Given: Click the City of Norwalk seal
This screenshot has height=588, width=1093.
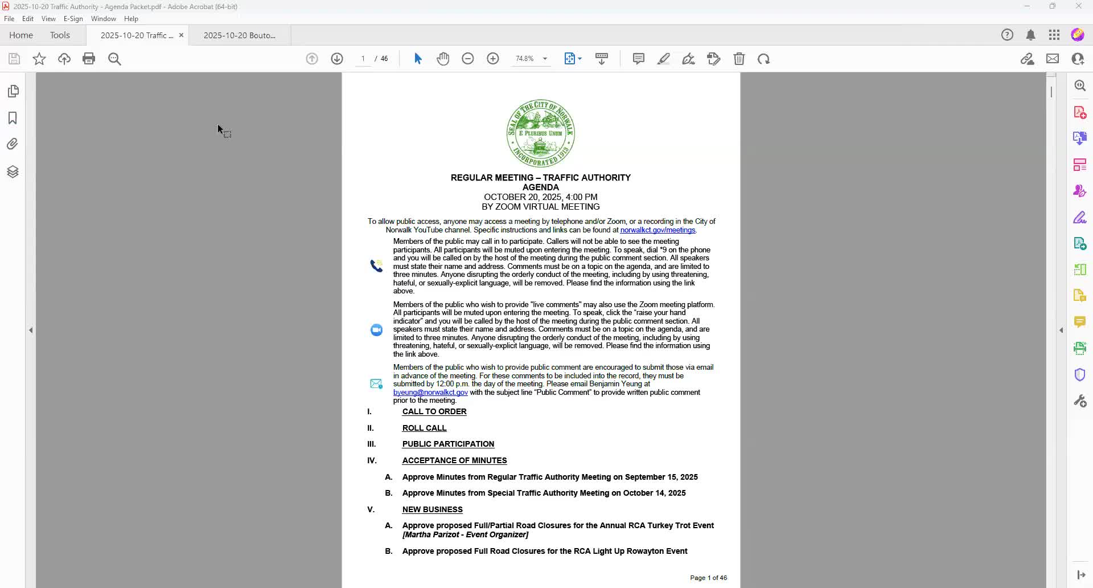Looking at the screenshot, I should pyautogui.click(x=540, y=133).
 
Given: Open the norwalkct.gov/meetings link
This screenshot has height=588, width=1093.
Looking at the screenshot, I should pyautogui.click(x=658, y=230).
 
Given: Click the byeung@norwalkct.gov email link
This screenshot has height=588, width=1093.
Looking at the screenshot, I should pyautogui.click(x=430, y=393).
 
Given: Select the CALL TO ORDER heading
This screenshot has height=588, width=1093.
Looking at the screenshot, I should pyautogui.click(x=434, y=412).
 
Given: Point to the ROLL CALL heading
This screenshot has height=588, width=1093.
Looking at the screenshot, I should pyautogui.click(x=424, y=428).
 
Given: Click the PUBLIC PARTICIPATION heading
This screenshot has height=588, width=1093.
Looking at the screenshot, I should pyautogui.click(x=448, y=444).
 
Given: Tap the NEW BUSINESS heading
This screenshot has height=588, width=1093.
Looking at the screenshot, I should pyautogui.click(x=432, y=510).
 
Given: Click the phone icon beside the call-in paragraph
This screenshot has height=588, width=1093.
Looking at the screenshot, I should pyautogui.click(x=376, y=266).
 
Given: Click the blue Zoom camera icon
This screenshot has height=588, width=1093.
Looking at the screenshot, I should pyautogui.click(x=376, y=330).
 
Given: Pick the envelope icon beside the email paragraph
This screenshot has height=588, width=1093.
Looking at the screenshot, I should pyautogui.click(x=376, y=384).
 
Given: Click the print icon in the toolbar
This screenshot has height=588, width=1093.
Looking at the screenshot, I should pyautogui.click(x=89, y=59).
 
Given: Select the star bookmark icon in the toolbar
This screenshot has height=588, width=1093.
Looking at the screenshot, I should pyautogui.click(x=39, y=59).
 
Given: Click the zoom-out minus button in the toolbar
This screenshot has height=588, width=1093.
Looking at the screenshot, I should pyautogui.click(x=468, y=59).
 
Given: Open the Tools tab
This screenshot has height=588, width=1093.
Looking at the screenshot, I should pyautogui.click(x=60, y=35).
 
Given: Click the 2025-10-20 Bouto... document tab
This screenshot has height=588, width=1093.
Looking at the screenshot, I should pyautogui.click(x=239, y=35).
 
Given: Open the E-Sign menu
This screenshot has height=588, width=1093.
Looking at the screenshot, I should pyautogui.click(x=73, y=19).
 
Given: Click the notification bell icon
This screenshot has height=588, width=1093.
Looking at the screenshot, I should pyautogui.click(x=1030, y=35).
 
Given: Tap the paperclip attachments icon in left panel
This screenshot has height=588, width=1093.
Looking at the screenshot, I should pyautogui.click(x=13, y=144).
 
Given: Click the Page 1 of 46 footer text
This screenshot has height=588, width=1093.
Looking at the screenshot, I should pyautogui.click(x=708, y=578).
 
